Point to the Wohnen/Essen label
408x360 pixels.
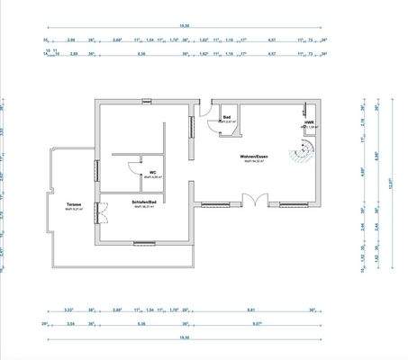tap(252, 157)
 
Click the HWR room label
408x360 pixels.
tap(308, 122)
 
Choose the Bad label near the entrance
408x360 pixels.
tap(228, 117)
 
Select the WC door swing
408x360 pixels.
tap(132, 166)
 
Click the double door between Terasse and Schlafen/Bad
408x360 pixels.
tap(102, 213)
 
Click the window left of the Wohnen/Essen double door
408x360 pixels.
tap(215, 204)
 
